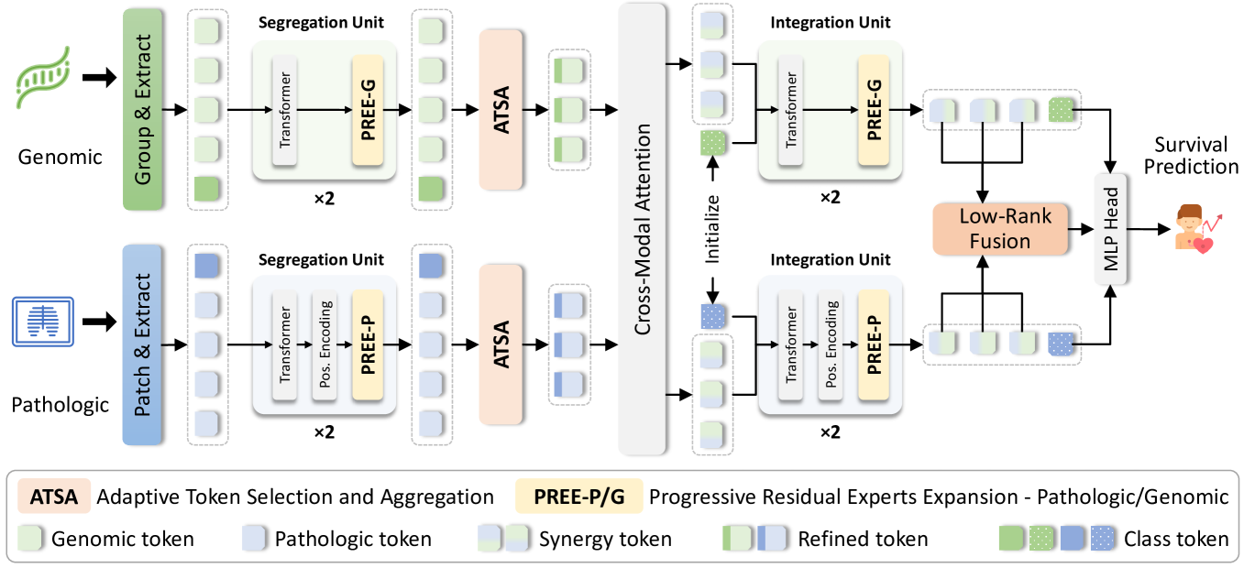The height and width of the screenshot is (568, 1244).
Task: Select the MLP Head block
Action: pos(1113,228)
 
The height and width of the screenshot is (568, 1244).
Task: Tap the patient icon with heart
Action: pos(1193,228)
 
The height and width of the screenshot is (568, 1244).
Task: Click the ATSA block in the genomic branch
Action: pos(501,109)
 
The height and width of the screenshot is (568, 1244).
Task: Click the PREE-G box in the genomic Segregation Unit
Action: pos(367,109)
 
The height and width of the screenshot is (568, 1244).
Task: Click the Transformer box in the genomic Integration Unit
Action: pos(791,109)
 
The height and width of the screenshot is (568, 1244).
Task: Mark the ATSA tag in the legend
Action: pos(53,497)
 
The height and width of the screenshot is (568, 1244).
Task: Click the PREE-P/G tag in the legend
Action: pos(579,497)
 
